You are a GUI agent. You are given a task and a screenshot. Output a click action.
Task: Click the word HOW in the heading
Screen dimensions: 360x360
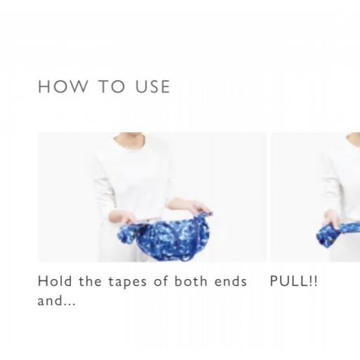pos(63,86)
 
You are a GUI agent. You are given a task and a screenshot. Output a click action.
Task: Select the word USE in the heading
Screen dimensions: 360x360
pos(153,86)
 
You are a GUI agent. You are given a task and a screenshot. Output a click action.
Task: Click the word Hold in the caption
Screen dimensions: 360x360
pos(55,281)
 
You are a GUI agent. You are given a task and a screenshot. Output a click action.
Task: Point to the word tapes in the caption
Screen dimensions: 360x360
pos(127,282)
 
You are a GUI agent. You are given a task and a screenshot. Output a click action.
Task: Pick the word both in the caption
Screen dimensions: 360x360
pos(191,281)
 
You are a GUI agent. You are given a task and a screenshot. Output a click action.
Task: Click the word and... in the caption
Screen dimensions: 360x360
pos(56,300)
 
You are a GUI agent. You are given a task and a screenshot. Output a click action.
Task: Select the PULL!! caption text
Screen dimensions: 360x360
pos(294,281)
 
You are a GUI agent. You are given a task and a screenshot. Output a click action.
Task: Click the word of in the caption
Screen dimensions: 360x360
pos(161,281)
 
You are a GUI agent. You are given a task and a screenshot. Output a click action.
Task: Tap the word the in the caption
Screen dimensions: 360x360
pos(90,281)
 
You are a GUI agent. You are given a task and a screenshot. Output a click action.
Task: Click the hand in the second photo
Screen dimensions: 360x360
pos(332,219)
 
